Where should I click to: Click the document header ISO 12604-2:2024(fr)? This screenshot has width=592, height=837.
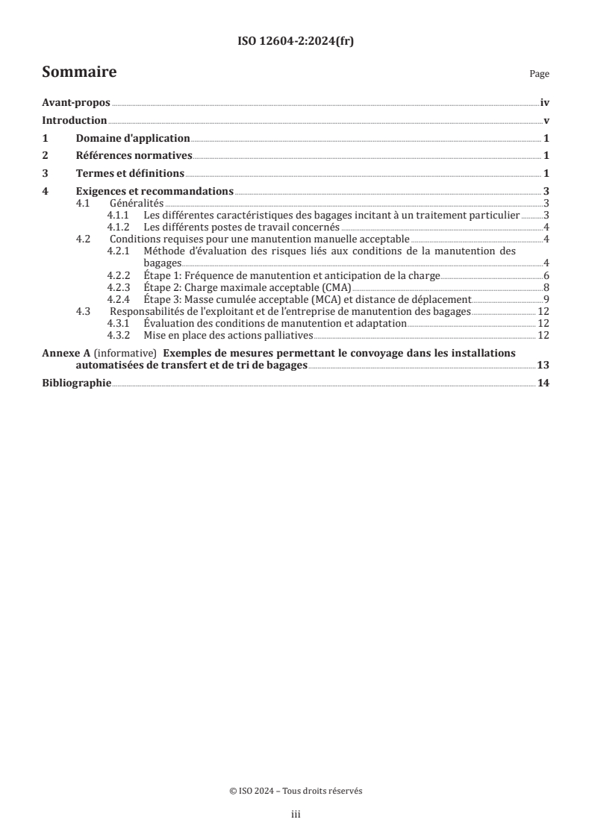pos(296,42)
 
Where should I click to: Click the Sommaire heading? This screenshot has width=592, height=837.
pos(78,72)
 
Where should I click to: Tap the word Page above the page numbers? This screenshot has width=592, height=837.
pos(539,75)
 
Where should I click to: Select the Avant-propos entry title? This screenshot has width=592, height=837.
pos(76,104)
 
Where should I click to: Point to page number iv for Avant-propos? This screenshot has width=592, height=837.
pos(545,104)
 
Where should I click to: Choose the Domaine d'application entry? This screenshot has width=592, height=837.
pos(133,138)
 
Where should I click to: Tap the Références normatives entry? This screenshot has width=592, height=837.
pos(134,156)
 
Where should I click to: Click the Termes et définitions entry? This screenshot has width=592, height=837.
pos(130,173)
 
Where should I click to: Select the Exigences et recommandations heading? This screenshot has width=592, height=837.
pos(155,191)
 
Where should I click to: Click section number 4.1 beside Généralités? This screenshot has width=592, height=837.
pos(85,203)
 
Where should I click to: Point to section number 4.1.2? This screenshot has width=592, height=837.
pos(119,227)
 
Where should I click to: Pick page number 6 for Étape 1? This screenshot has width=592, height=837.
pos(546,276)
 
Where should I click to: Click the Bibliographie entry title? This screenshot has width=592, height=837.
pos(77,383)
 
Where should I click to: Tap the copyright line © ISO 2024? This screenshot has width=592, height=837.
pos(296,791)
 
